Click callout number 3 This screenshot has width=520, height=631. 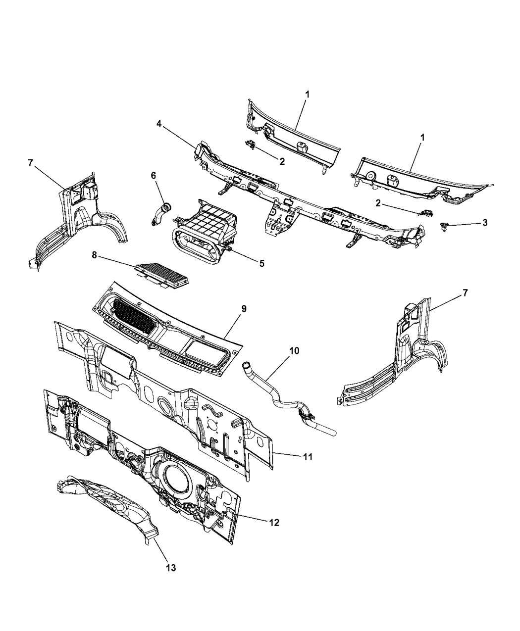485,223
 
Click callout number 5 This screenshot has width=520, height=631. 261,263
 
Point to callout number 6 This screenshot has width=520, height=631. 153,175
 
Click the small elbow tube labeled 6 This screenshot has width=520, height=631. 160,213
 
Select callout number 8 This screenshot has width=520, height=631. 94,256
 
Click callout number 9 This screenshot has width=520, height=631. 244,309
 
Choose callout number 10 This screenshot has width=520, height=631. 294,351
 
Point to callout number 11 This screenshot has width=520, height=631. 307,457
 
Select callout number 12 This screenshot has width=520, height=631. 273,523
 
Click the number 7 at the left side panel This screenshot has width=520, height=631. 31,163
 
